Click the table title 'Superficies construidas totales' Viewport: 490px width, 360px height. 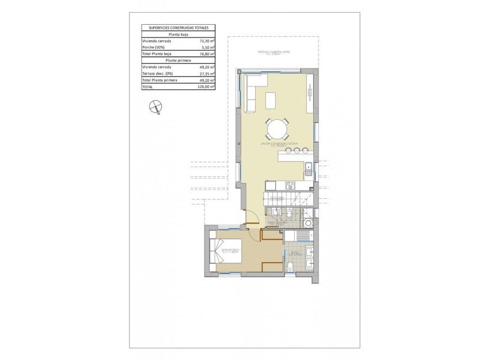[178, 27]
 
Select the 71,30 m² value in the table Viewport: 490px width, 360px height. [207, 41]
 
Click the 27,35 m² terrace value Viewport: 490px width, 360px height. [207, 73]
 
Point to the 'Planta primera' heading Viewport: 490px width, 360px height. [178, 60]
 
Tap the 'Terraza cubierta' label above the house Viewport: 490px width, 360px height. [274, 52]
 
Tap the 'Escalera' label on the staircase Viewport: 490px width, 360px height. [278, 197]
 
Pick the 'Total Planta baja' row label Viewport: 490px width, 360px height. [158, 54]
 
